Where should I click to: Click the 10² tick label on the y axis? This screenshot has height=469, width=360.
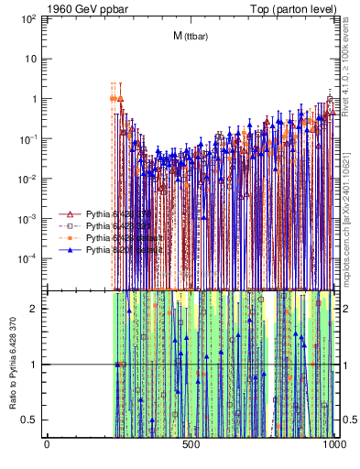click(30, 18)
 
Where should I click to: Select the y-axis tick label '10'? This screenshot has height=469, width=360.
click(31, 59)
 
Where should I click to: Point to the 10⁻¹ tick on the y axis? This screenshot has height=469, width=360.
click(28, 138)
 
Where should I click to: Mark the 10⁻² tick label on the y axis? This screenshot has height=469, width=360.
click(28, 178)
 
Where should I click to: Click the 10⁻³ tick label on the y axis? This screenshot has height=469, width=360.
click(28, 218)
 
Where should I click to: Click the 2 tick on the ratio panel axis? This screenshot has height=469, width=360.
click(36, 309)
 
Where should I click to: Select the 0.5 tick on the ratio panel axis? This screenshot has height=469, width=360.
click(32, 420)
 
